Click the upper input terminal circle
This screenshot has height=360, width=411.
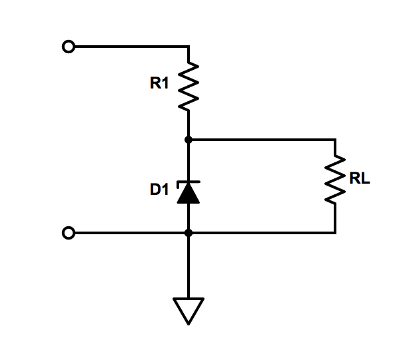click(67, 47)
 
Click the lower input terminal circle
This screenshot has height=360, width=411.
click(67, 233)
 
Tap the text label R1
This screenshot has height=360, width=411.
click(161, 84)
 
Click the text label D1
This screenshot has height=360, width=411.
click(160, 190)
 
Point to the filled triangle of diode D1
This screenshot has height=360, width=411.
click(189, 194)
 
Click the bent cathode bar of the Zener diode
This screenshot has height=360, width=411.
click(189, 182)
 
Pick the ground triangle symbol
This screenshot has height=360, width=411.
click(189, 309)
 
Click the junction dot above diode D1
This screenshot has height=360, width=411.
click(189, 140)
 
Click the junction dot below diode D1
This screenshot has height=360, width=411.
click(189, 233)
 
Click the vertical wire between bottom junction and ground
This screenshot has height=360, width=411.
click(189, 266)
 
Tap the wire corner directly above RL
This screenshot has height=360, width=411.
click(335, 140)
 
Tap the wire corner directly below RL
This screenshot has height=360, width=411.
click(335, 233)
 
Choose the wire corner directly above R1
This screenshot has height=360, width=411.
click(189, 47)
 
